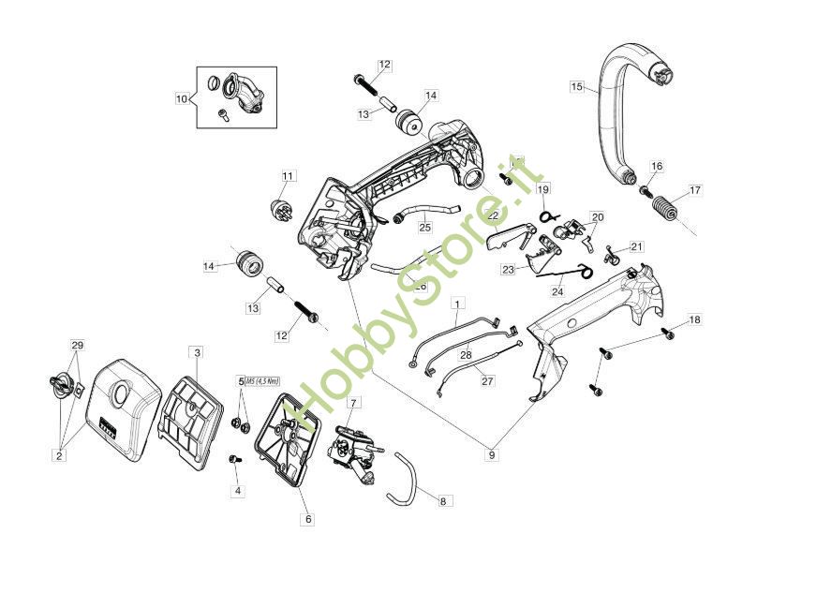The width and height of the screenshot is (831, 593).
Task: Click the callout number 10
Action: [x=182, y=97]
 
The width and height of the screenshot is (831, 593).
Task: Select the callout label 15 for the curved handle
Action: [x=577, y=87]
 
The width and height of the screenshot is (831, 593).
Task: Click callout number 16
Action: [x=657, y=167]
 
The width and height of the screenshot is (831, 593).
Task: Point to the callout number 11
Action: [x=288, y=176]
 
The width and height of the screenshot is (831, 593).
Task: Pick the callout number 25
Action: [x=424, y=227]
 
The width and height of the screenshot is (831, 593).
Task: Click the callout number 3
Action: [x=197, y=352]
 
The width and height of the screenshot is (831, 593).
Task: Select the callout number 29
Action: [x=78, y=346]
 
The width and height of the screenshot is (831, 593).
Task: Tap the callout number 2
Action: [x=59, y=455]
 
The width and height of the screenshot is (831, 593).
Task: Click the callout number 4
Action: [x=237, y=490]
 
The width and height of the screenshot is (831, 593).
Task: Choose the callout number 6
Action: [x=307, y=518]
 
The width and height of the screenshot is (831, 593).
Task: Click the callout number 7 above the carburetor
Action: [x=353, y=403]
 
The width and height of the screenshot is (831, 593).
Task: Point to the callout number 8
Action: [x=443, y=501]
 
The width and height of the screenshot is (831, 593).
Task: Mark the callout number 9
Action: [x=492, y=455]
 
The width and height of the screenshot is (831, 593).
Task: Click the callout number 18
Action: [x=694, y=320]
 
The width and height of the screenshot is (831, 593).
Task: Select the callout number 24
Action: [x=557, y=291]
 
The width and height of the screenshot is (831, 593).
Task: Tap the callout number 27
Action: [x=487, y=381]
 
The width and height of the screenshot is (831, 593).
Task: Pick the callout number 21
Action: [x=637, y=246]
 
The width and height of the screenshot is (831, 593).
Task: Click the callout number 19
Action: [x=543, y=189]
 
